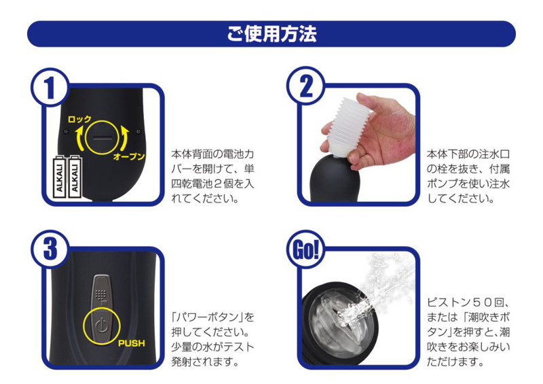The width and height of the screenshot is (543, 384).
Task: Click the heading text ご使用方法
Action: tap(271, 34)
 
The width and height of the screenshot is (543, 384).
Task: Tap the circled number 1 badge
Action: tap(50, 87)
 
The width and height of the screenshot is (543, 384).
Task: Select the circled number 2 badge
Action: tap(305, 86)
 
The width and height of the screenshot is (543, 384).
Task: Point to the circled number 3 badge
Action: tap(50, 249)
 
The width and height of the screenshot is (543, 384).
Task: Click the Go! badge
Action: tap(305, 249)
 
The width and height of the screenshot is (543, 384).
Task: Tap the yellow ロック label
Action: tap(79, 120)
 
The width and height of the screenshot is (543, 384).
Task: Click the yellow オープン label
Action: tap(129, 156)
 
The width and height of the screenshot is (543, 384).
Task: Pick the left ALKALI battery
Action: tap(60, 177)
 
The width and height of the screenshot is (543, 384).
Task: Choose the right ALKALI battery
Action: tap(75, 177)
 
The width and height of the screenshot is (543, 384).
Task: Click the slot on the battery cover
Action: tap(102, 138)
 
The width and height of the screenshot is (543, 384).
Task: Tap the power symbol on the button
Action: tap(101, 326)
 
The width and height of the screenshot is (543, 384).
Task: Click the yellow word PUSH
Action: tap(131, 343)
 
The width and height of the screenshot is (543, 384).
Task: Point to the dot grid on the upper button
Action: tap(100, 294)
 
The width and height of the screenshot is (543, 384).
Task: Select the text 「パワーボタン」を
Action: tap(212, 317)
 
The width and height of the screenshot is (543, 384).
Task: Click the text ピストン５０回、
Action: tap(468, 302)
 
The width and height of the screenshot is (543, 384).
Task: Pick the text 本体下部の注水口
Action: tap(468, 154)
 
